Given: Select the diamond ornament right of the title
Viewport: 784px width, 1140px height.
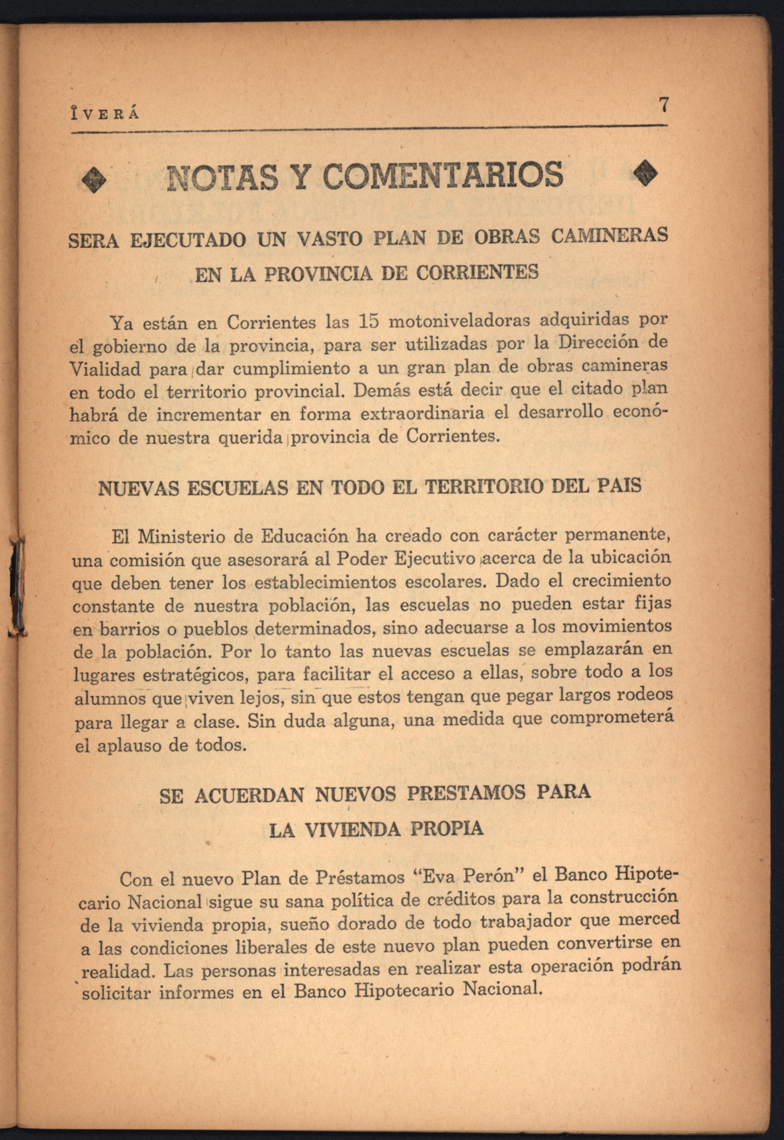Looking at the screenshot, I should tap(645, 174).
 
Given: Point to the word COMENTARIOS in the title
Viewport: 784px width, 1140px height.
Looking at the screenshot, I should tap(443, 175).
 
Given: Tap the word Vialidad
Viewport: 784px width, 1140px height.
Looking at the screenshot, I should tap(105, 369).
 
